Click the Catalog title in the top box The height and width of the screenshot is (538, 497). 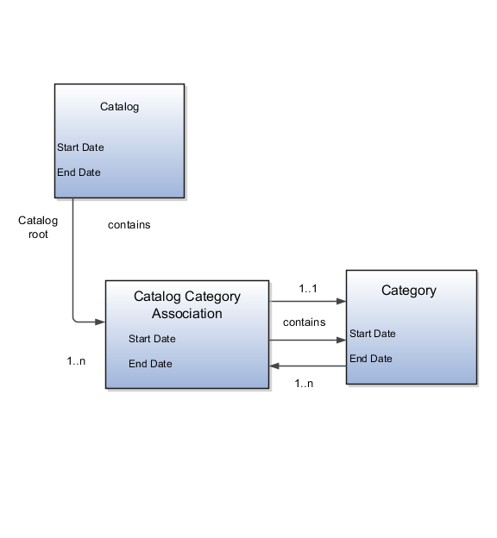[x=119, y=108]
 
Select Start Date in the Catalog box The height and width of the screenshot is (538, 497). [x=80, y=147]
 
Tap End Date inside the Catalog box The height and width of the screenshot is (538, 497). [x=79, y=172]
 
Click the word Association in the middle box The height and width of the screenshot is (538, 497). [x=187, y=314]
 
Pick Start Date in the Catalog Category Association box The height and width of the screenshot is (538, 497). [x=152, y=339]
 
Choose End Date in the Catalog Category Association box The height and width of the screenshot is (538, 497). [x=150, y=364]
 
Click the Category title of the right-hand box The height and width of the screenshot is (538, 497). [x=409, y=291]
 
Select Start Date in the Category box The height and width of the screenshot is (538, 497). [x=373, y=334]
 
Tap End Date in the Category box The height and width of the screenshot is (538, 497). [x=371, y=359]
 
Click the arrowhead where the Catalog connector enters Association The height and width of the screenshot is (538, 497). [x=101, y=322]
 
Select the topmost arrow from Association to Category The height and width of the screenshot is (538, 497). [x=308, y=302]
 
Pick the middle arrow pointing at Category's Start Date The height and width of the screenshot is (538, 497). [x=308, y=341]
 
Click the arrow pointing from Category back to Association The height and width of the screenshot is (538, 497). [x=308, y=366]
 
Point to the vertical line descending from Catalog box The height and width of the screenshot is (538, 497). [x=72, y=259]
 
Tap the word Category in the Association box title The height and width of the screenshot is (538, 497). [x=213, y=297]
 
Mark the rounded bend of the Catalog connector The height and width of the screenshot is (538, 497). [x=75, y=320]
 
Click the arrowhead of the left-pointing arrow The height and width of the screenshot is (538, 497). [x=274, y=366]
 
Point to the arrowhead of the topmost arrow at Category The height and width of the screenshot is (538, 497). [x=342, y=302]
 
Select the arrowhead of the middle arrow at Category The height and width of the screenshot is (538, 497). [x=342, y=341]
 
